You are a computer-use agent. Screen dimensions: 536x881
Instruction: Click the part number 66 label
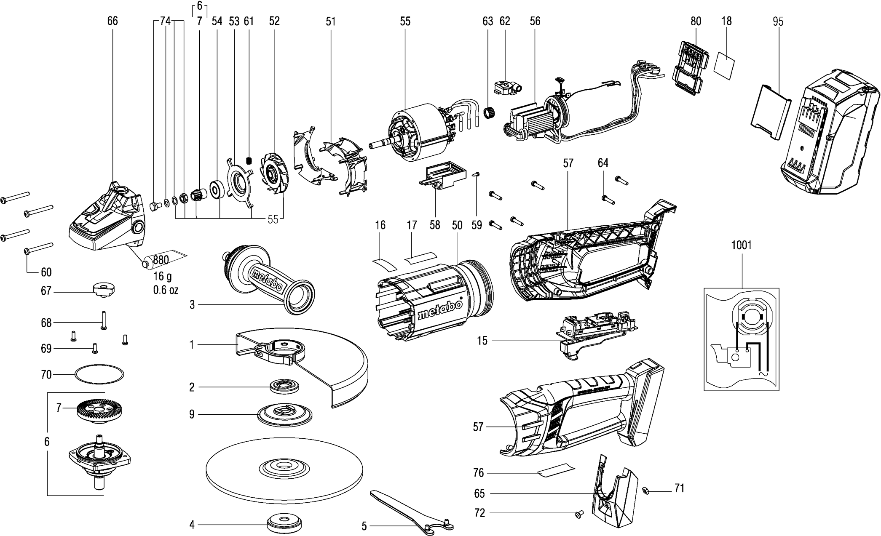point(112,21)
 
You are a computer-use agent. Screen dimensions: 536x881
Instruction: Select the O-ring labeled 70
point(99,374)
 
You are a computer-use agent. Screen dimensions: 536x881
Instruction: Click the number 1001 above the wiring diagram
point(741,245)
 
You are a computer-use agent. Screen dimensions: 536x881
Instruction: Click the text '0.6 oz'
point(166,290)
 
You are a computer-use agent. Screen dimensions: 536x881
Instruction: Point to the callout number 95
point(778,21)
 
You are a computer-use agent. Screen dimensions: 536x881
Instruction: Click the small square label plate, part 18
point(726,66)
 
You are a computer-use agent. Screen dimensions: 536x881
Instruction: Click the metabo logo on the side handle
point(267,279)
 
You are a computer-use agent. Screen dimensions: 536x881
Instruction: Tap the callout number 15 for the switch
point(482,341)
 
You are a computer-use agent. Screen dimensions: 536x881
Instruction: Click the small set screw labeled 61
point(249,160)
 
